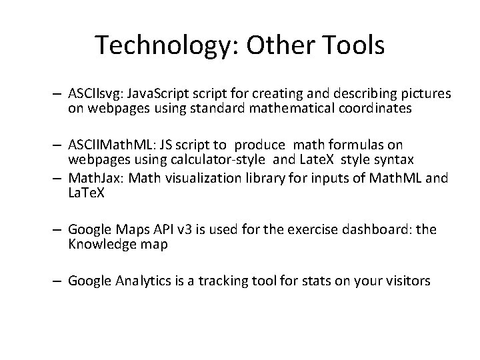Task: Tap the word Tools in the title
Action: coord(351,45)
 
